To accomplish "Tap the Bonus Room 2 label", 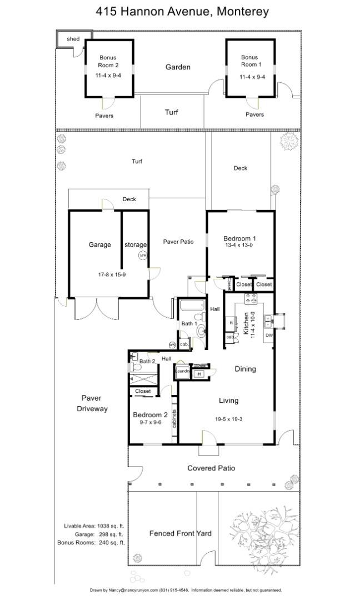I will click(108, 61).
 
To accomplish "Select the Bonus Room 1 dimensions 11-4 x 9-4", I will click(252, 77).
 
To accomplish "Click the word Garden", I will click(178, 67).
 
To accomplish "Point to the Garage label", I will click(100, 244).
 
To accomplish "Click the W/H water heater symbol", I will click(142, 255).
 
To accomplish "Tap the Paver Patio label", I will click(178, 242).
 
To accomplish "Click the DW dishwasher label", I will click(268, 336).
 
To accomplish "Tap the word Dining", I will click(245, 369).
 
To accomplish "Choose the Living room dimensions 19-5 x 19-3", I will click(228, 419).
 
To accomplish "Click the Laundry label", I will click(183, 371).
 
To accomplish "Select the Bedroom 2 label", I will click(150, 415).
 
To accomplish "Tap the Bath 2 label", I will click(147, 362).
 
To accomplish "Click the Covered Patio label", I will click(211, 468).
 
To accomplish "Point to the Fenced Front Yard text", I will click(180, 533).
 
